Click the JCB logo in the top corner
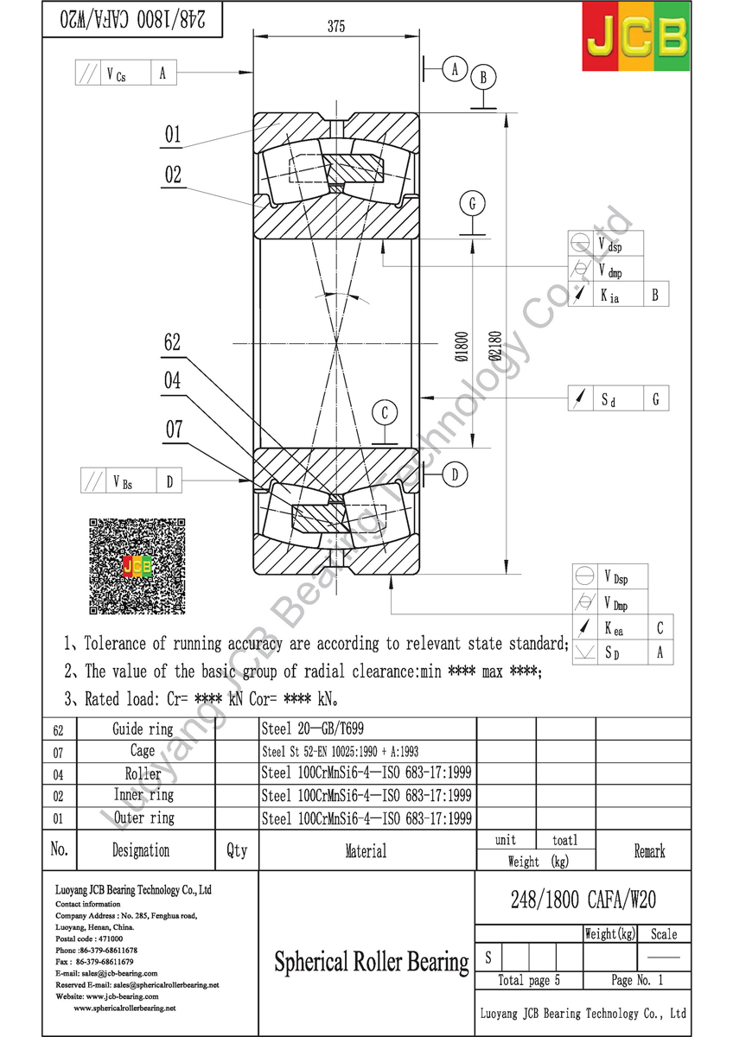click(635, 37)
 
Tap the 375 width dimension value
click(336, 27)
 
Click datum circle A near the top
click(455, 69)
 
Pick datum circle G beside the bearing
click(473, 204)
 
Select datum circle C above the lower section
click(386, 413)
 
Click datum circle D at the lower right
click(456, 474)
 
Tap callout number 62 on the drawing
click(172, 342)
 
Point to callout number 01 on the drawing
click(173, 134)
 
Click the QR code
click(137, 566)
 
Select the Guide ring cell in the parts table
click(143, 729)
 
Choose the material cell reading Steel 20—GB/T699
click(307, 729)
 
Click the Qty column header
click(236, 850)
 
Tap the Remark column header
click(649, 851)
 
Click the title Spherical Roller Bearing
click(371, 961)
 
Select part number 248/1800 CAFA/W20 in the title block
click(583, 900)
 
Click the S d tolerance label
click(609, 400)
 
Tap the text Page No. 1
click(637, 980)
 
